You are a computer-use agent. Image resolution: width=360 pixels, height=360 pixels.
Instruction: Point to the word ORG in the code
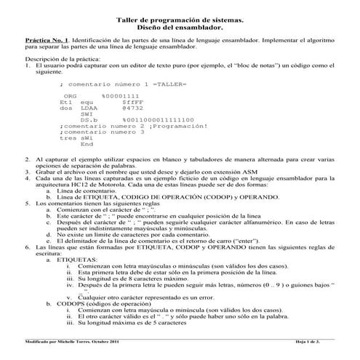coord(70,96)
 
